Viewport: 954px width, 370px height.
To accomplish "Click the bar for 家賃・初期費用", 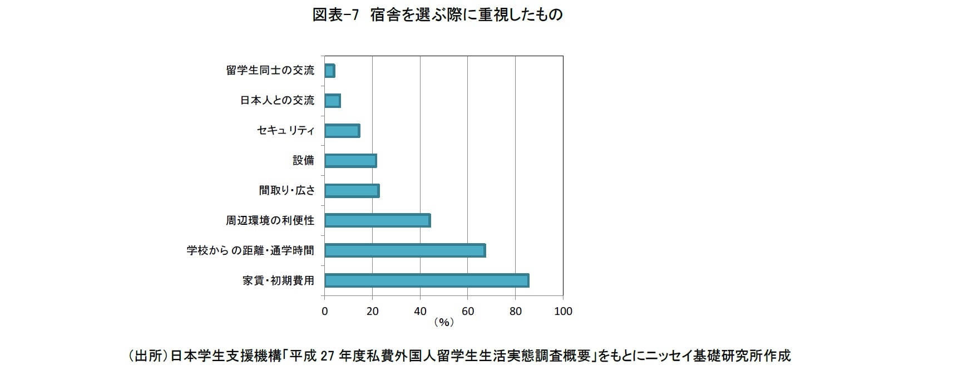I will pos(427,280).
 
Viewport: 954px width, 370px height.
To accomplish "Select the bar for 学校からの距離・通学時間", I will pos(405,250).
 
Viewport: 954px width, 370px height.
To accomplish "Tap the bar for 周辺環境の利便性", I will pos(377,220).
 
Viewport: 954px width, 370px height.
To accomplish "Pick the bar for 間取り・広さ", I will pos(352,190).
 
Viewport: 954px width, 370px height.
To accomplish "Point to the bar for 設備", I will pos(350,160).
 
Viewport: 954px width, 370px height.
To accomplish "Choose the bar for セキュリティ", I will pos(342,130).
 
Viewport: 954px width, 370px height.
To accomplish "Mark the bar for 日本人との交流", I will pos(332,100).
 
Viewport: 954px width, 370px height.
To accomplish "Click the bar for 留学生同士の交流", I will pos(329,71).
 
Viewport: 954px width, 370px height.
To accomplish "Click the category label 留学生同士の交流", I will pos(270,71).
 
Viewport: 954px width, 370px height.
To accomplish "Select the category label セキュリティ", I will pos(285,130).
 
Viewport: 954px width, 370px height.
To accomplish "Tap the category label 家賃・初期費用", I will pos(278,280).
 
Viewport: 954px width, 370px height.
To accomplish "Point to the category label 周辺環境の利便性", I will pos(270,220).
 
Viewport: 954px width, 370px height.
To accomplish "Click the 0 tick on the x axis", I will pos(325,311).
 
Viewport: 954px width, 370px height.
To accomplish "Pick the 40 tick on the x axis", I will pos(420,311).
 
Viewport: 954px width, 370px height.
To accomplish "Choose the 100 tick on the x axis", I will pos(563,311).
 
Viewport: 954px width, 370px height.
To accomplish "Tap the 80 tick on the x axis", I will pos(515,311).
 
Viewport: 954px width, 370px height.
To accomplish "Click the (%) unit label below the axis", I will pos(443,322).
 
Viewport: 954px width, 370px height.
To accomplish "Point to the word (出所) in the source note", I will pos(147,356).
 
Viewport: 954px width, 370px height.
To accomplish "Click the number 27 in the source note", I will pos(327,356).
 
